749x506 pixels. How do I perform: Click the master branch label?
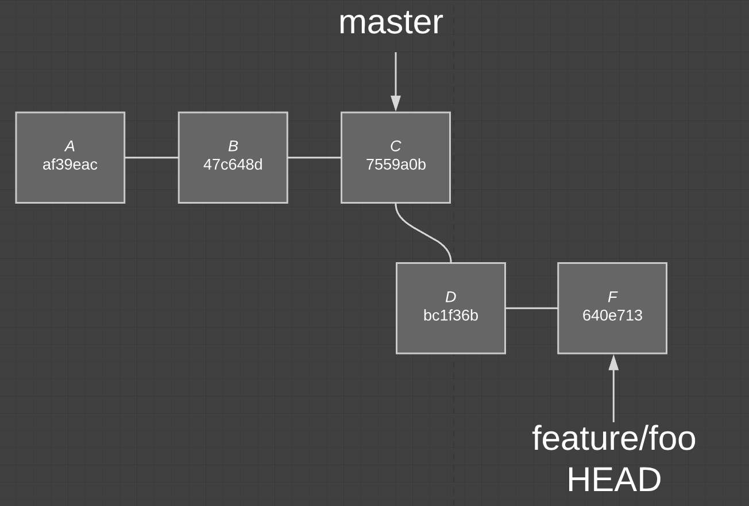[x=391, y=23]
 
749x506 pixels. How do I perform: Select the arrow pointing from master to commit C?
[x=395, y=75]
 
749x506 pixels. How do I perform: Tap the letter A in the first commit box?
[x=70, y=146]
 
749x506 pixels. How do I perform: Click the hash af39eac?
[x=70, y=165]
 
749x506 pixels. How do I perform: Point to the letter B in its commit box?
[x=233, y=146]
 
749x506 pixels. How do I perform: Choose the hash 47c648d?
[x=233, y=165]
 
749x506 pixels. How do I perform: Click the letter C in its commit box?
[x=395, y=146]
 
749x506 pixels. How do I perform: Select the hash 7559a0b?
[x=396, y=165]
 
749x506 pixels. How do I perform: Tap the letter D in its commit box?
[x=450, y=297]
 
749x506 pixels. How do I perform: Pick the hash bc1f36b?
[x=450, y=316]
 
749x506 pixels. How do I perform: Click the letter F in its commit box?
[x=612, y=297]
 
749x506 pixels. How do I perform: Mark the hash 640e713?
[x=612, y=316]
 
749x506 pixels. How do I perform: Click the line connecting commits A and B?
[x=152, y=157]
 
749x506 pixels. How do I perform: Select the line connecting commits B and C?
[x=314, y=157]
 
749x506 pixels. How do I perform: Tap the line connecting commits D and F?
[x=531, y=308]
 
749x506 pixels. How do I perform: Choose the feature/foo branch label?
[x=613, y=439]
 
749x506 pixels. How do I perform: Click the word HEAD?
[x=613, y=480]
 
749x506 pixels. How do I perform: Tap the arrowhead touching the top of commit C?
[x=395, y=103]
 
